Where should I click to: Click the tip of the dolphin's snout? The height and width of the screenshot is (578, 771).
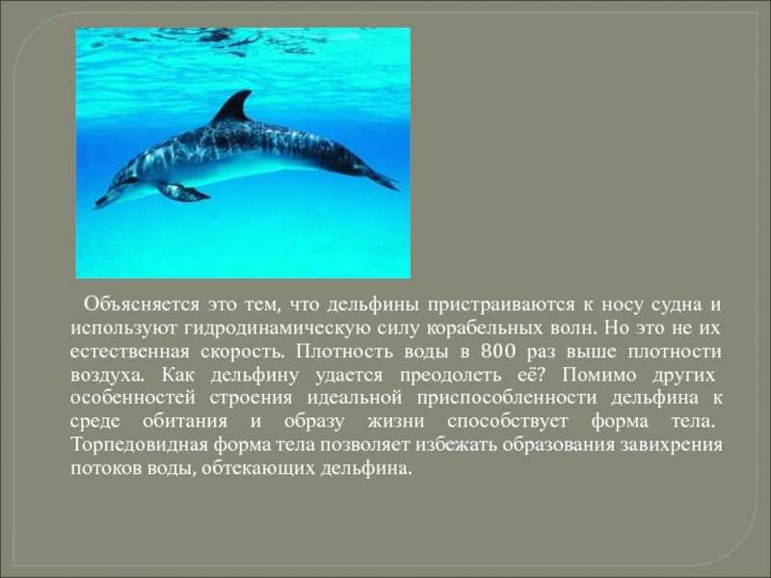click(x=96, y=204)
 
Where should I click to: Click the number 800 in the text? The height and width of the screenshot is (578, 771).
click(x=498, y=352)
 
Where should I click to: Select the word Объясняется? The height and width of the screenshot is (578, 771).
click(x=142, y=304)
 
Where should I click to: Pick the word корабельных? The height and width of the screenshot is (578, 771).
click(x=485, y=328)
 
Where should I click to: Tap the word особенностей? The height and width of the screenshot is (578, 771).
click(x=133, y=398)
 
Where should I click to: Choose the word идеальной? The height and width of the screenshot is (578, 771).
click(x=355, y=398)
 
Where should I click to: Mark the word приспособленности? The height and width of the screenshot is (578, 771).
click(x=507, y=399)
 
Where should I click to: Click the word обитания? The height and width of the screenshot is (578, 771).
click(x=185, y=422)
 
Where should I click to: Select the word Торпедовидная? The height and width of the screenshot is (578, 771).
click(x=140, y=445)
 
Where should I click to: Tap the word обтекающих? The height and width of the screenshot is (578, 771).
click(x=258, y=469)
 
